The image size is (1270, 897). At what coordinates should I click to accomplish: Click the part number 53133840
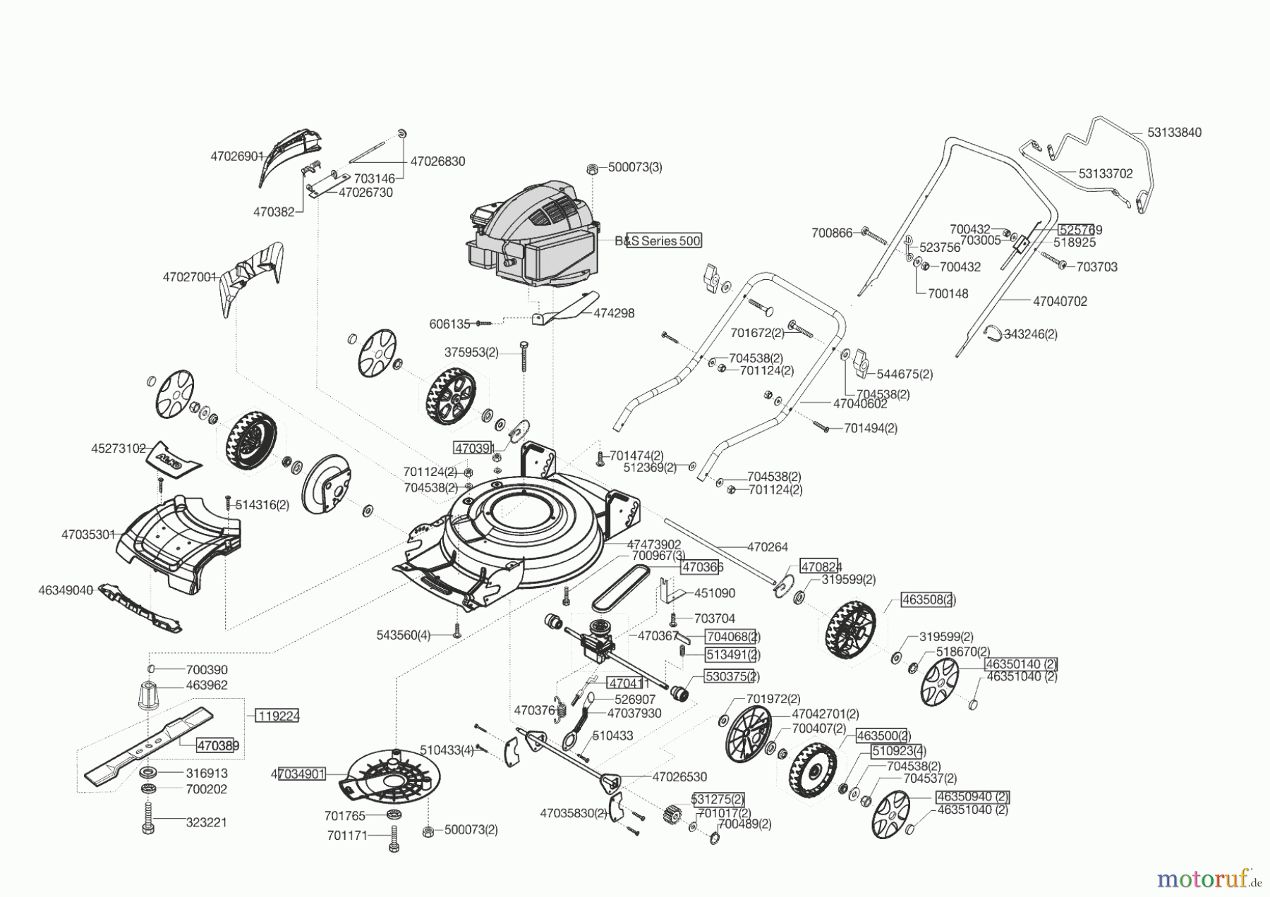tap(1174, 133)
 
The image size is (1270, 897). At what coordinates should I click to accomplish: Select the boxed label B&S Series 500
tap(663, 241)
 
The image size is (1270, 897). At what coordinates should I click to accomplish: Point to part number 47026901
tap(237, 157)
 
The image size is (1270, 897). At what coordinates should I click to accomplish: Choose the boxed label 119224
tap(277, 716)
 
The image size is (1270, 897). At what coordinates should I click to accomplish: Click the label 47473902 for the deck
tap(654, 544)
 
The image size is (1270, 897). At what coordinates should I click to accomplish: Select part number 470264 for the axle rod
tap(768, 547)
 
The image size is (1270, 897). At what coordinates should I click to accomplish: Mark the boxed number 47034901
tap(298, 774)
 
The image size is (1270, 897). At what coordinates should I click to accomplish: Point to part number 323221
tap(207, 822)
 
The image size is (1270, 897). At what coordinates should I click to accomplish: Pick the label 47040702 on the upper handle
tap(1060, 301)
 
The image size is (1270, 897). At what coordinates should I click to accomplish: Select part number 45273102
tap(119, 448)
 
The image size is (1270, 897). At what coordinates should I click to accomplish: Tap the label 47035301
tap(88, 535)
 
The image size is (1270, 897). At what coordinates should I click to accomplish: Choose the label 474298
tap(614, 313)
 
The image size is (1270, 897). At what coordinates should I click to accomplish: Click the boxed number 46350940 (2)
tap(972, 797)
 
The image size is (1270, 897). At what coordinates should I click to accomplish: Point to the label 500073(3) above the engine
tap(635, 168)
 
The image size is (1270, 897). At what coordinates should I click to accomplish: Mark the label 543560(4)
tap(404, 635)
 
